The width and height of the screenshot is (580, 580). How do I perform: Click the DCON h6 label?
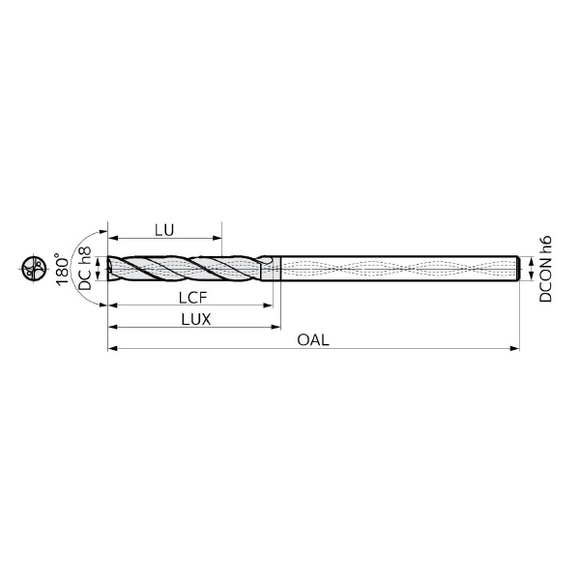click(546, 269)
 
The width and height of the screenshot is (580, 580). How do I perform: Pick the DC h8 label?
click(86, 269)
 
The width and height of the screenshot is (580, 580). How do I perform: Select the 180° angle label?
click(64, 269)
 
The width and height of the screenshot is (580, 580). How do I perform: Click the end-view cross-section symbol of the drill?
click(32, 269)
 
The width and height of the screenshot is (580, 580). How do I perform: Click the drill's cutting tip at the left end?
click(109, 269)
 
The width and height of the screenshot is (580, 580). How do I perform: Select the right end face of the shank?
click(520, 269)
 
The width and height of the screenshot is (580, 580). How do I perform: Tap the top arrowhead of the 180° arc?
click(99, 234)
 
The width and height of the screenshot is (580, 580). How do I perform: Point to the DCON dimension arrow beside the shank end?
click(530, 269)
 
